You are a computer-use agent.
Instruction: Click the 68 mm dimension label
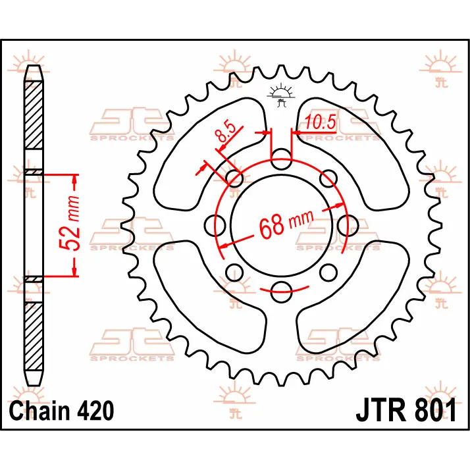[286, 224]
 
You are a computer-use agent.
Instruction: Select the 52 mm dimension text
[70, 223]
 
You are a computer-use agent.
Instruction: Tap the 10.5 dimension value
[321, 122]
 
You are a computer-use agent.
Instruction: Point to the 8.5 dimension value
[226, 132]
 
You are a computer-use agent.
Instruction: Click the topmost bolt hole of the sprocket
[281, 159]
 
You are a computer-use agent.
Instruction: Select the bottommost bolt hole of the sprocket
[281, 292]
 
